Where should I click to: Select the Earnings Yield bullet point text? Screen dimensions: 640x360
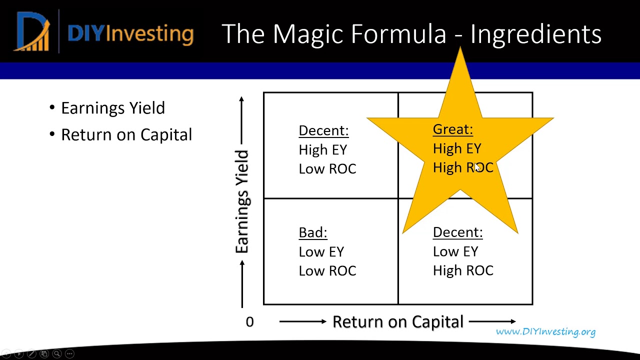click(112, 108)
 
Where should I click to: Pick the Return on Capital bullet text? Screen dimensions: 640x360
click(126, 134)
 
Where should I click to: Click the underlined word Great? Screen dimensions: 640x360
click(452, 129)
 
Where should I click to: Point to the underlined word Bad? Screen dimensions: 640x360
click(312, 232)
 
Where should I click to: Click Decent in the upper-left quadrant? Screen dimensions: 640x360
click(323, 130)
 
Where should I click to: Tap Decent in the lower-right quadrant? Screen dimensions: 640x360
click(457, 232)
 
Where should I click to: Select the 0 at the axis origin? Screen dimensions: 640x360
click(249, 322)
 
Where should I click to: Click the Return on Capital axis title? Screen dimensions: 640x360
click(398, 321)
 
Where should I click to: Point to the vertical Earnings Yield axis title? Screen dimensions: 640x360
click(242, 201)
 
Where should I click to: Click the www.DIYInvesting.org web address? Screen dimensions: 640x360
click(545, 331)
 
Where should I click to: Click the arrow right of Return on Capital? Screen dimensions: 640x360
click(492, 321)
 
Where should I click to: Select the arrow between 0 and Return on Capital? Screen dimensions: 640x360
click(302, 321)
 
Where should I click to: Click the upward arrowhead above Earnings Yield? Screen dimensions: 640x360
click(242, 100)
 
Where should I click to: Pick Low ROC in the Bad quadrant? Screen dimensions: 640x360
click(327, 270)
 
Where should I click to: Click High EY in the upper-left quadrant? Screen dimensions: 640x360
click(322, 149)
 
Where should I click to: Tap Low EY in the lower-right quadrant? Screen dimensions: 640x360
click(455, 251)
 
